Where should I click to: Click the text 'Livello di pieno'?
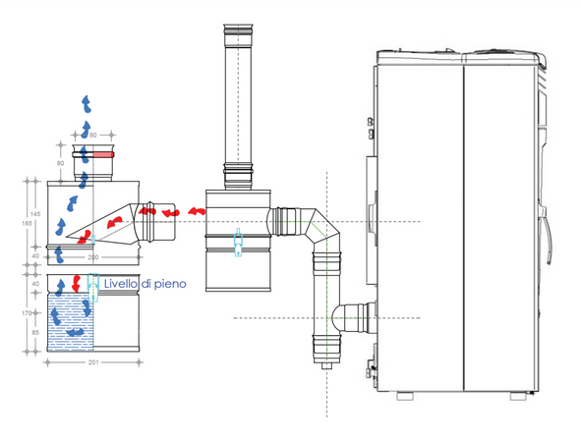pyautogui.click(x=146, y=284)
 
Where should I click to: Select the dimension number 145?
pyautogui.click(x=35, y=213)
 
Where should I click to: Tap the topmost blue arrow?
pyautogui.click(x=87, y=101)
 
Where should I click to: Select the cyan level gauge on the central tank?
pyautogui.click(x=237, y=246)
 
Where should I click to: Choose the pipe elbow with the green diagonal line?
pyautogui.click(x=320, y=231)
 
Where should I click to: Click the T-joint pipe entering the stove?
pyautogui.click(x=348, y=317)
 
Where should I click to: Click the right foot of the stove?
pyautogui.click(x=518, y=395)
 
